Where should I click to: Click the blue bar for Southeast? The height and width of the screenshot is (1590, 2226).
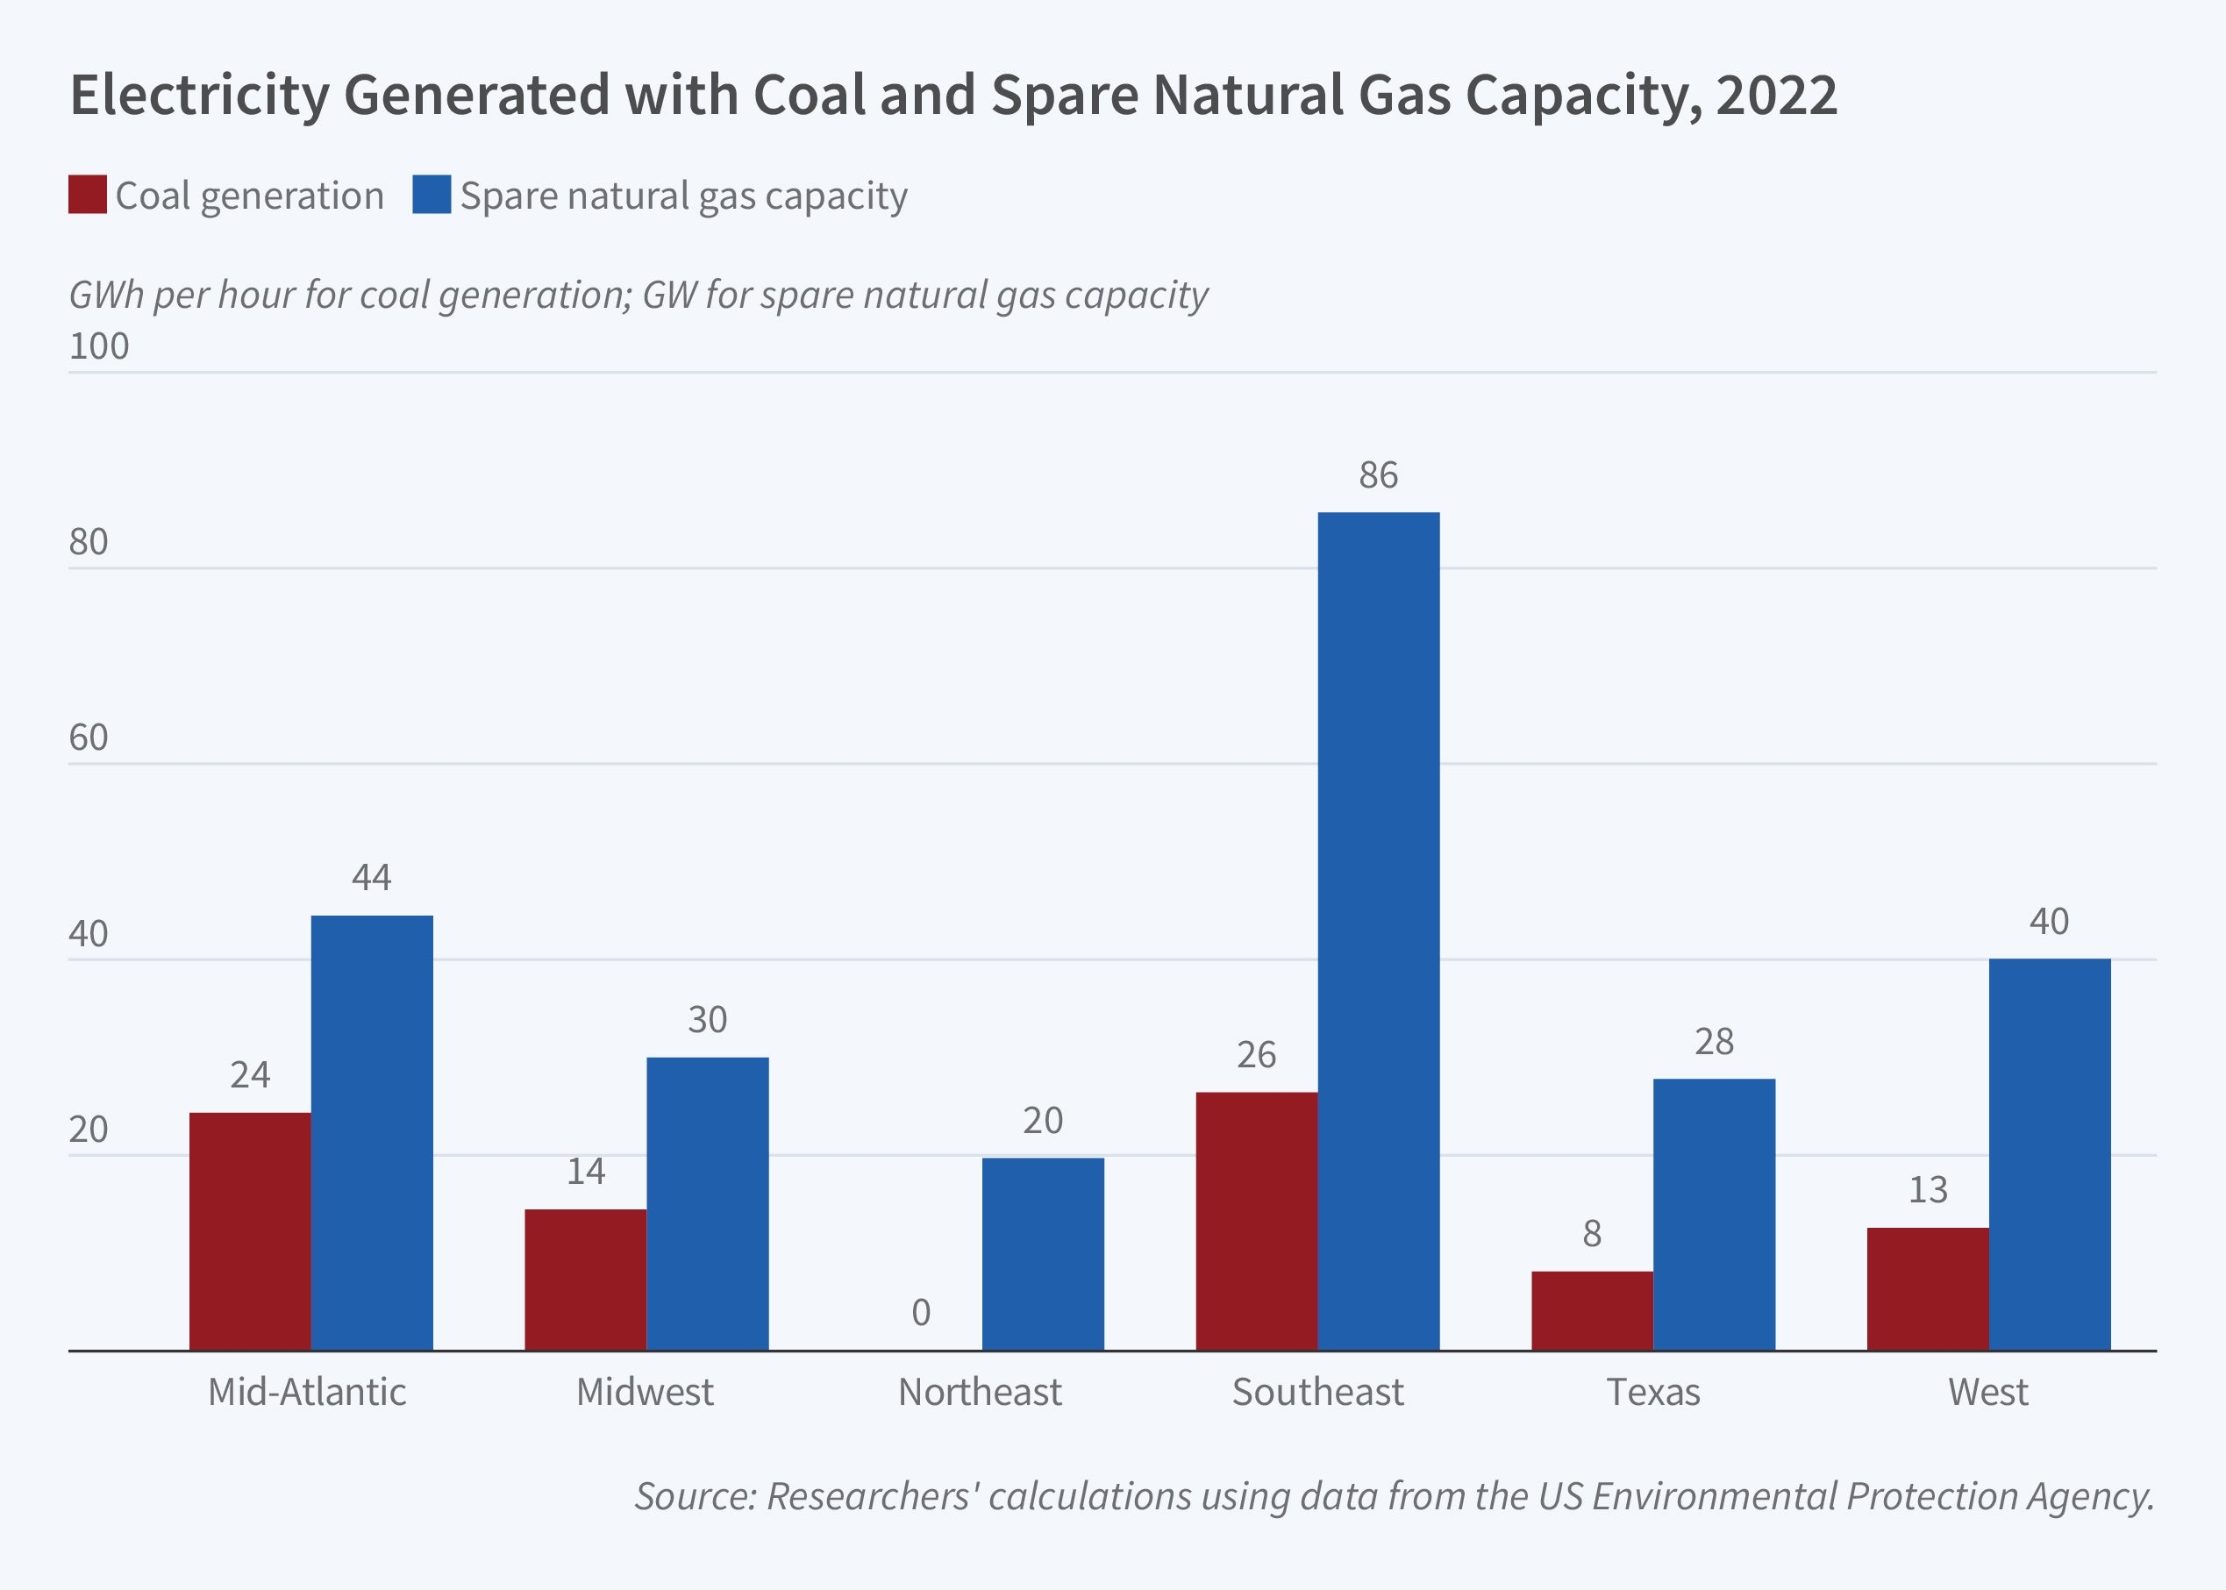click(x=1378, y=930)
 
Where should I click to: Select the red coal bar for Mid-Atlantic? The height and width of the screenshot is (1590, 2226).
click(x=250, y=1230)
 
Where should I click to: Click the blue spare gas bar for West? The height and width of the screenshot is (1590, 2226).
click(x=2049, y=1154)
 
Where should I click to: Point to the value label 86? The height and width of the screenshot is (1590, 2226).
click(x=1378, y=476)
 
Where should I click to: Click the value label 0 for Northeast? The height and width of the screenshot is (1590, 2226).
click(x=920, y=1313)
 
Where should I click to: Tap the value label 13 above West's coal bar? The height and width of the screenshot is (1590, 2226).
click(x=1928, y=1189)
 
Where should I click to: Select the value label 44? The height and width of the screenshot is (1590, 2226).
click(x=372, y=877)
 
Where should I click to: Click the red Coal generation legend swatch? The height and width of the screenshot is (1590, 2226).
click(x=87, y=195)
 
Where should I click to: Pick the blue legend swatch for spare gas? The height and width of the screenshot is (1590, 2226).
click(x=432, y=195)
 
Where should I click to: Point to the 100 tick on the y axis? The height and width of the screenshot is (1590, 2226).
click(x=99, y=346)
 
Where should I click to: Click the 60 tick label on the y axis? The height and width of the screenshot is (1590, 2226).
click(x=88, y=738)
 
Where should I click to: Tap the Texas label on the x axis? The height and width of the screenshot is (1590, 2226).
click(x=1653, y=1392)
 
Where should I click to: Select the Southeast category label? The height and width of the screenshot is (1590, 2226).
click(x=1317, y=1392)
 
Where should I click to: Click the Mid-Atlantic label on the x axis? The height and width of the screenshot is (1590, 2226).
click(x=306, y=1392)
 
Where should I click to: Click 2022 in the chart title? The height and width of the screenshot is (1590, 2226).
click(x=1777, y=95)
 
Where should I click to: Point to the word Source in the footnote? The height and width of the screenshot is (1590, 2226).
click(x=694, y=1496)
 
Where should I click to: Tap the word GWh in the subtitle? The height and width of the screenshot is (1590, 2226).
click(x=107, y=295)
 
